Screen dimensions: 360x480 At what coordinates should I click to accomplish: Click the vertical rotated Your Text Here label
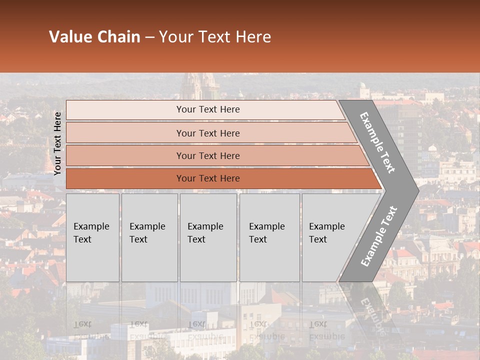[x=57, y=143]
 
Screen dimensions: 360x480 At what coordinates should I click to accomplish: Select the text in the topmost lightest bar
[x=208, y=109]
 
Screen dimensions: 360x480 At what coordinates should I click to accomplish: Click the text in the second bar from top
[x=208, y=133]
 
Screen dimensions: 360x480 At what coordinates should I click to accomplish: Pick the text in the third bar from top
[x=208, y=156]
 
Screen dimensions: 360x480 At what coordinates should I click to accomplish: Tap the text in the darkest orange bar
[x=208, y=178]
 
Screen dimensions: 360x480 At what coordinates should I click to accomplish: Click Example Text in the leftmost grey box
[x=91, y=233]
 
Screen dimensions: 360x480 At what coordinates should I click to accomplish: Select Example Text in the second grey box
[x=147, y=233]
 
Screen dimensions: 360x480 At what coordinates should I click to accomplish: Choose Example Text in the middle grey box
[x=205, y=233]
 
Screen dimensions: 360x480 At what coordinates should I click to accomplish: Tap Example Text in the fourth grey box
[x=266, y=233]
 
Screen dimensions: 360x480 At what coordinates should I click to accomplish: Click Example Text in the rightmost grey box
[x=326, y=233]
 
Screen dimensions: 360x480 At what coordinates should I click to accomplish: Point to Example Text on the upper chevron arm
[x=377, y=142]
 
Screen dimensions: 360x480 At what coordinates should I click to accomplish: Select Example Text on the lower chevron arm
[x=379, y=236]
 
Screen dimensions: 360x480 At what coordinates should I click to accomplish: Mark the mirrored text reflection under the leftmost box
[x=91, y=330]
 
